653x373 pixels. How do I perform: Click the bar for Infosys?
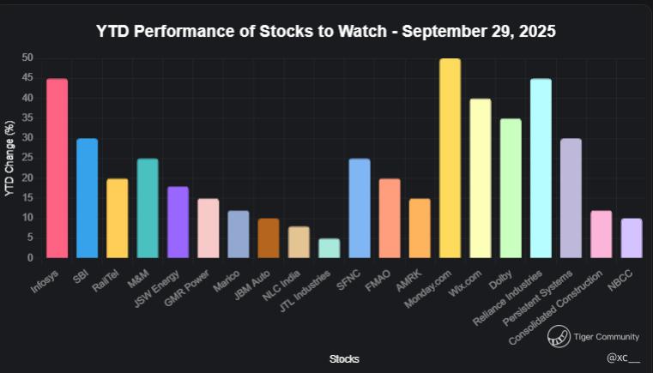coord(57,168)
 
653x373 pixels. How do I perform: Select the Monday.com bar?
coord(450,158)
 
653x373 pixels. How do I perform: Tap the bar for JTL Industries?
coord(329,248)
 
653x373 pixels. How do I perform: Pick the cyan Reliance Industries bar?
coord(541,168)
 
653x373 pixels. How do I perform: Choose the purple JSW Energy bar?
coord(178,222)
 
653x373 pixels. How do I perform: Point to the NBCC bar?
coord(632,238)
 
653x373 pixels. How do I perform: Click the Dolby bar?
coord(511,188)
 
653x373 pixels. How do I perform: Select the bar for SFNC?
coord(360,208)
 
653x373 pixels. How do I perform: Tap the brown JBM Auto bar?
coord(269,238)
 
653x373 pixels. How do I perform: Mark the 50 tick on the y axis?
coord(27,57)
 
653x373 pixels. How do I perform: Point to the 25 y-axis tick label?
coord(27,158)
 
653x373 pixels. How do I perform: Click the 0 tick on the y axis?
coord(30,258)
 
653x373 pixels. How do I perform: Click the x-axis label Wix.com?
coord(465,283)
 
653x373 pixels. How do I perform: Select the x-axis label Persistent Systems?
coord(538,298)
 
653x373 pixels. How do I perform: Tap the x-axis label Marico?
coord(227,281)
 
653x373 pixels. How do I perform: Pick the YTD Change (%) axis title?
coord(9,158)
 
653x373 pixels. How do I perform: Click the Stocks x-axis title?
coord(344,358)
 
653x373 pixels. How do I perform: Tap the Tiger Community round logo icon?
coord(559,336)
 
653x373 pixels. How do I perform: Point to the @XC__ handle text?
coord(623,358)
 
